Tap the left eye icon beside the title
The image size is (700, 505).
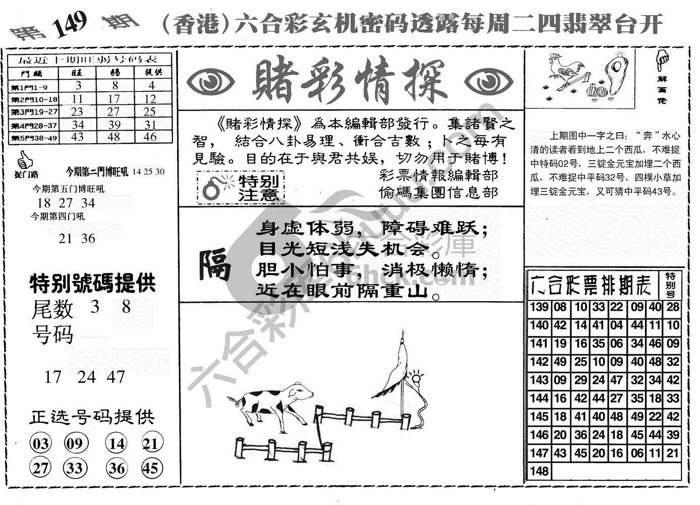tap(210, 81)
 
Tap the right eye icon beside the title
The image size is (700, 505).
tap(488, 81)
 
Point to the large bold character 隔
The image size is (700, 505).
tap(215, 265)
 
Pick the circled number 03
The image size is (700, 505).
tap(41, 444)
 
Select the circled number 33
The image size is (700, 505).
tap(75, 468)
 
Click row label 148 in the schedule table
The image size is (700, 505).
tap(539, 471)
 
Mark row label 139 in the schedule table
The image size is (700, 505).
tap(539, 307)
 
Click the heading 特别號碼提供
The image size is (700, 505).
tap(92, 284)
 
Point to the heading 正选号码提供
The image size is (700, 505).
tap(92, 417)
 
